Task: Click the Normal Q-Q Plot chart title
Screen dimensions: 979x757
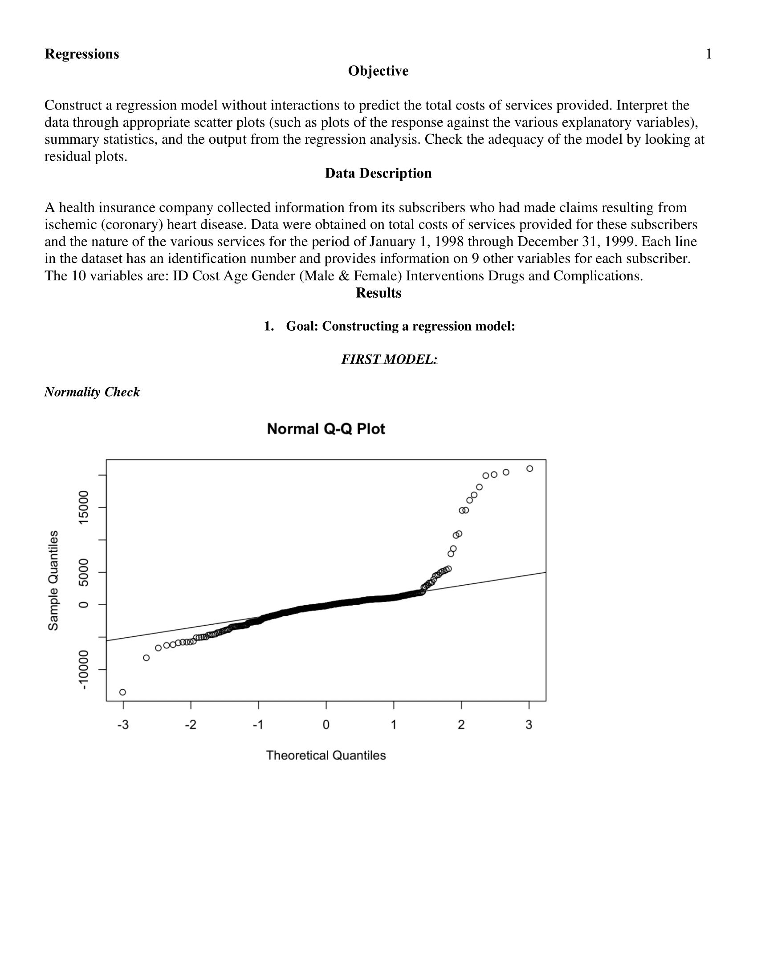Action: tap(326, 429)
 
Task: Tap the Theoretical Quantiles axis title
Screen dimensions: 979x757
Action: tap(326, 755)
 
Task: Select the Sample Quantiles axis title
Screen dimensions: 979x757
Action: tap(53, 580)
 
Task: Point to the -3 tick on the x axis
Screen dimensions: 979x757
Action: tap(123, 725)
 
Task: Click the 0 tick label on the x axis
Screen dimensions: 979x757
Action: tap(326, 725)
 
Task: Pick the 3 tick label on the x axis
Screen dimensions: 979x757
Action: tap(529, 725)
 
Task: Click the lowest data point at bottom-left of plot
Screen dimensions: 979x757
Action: tap(123, 692)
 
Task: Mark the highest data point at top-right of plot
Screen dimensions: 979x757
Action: tap(529, 469)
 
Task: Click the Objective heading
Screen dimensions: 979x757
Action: tap(378, 71)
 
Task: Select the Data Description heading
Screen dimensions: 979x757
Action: tap(378, 173)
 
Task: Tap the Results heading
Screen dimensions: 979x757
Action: tap(378, 293)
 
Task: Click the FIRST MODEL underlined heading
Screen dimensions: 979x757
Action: tap(389, 359)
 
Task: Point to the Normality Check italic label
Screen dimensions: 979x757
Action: tap(92, 392)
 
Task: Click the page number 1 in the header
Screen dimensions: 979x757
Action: tap(709, 54)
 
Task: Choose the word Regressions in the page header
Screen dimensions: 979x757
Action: tap(81, 54)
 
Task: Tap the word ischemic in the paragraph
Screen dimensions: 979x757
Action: tap(70, 225)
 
